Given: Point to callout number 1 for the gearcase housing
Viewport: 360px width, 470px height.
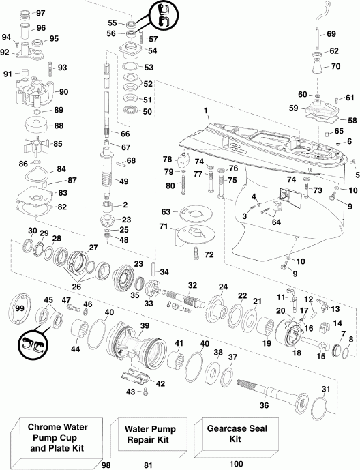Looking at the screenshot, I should coord(205,110).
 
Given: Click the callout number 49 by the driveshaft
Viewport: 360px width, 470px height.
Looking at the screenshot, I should coord(123,181).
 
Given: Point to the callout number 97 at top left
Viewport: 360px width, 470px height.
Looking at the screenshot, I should coord(59,13).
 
